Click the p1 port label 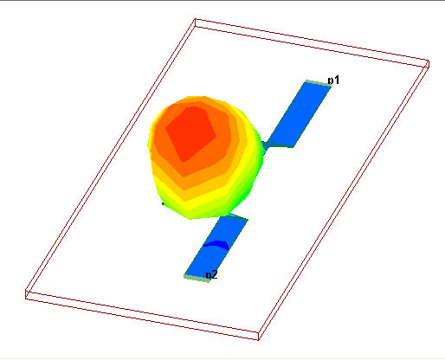tap(333, 80)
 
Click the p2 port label tap(211, 275)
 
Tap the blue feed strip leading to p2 tap(216, 247)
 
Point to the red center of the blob tap(191, 133)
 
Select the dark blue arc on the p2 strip tap(216, 244)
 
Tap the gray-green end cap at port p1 tap(318, 83)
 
